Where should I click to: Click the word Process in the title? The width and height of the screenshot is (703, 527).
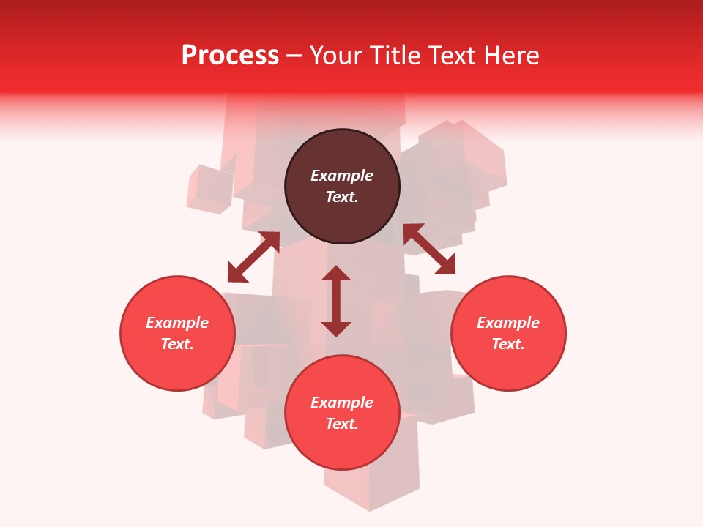(230, 56)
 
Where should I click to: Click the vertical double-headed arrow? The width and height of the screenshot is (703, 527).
(336, 301)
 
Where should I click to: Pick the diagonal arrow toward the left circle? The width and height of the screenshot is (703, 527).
(253, 257)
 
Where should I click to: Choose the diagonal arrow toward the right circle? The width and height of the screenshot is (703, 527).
(430, 250)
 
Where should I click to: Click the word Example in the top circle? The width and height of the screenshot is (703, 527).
(342, 176)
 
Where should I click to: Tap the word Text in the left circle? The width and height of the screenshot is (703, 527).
(177, 344)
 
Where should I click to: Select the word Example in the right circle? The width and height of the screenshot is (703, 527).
(508, 323)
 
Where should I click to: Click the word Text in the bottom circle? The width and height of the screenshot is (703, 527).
(342, 424)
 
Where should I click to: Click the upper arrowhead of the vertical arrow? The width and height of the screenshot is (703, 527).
(336, 274)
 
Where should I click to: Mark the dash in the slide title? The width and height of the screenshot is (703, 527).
(294, 56)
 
